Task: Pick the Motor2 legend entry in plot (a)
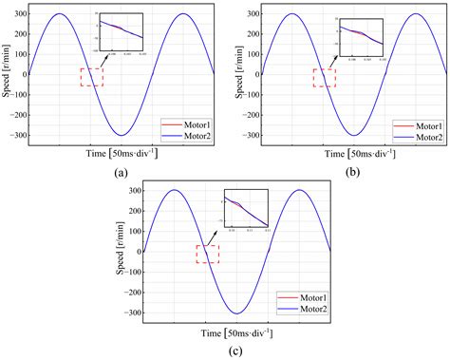click(x=186, y=138)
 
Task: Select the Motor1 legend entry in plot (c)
click(x=299, y=296)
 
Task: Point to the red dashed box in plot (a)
click(x=91, y=78)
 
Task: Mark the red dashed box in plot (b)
click(x=325, y=78)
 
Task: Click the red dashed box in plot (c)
click(x=207, y=254)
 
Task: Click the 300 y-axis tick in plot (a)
click(x=17, y=14)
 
